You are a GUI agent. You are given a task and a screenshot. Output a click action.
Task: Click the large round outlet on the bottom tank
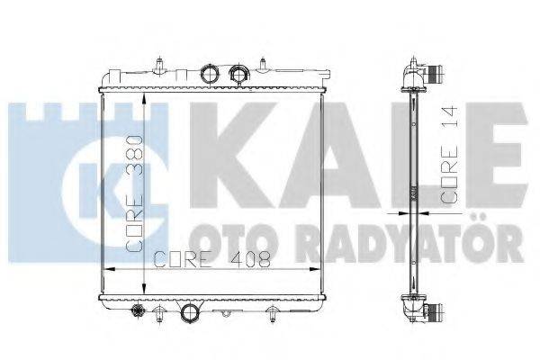tap(192, 313)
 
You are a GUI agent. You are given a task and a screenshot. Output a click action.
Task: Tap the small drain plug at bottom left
tap(139, 312)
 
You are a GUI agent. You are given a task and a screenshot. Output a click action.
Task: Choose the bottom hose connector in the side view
tap(435, 312)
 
